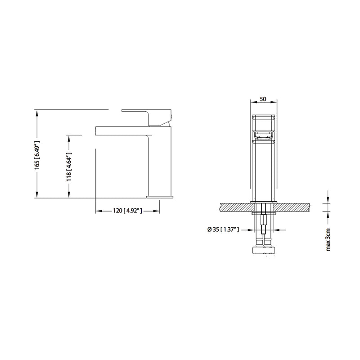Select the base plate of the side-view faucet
point(160,197)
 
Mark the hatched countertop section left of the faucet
point(234,207)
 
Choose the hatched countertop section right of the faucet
point(292,207)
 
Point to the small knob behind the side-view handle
point(171,118)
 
